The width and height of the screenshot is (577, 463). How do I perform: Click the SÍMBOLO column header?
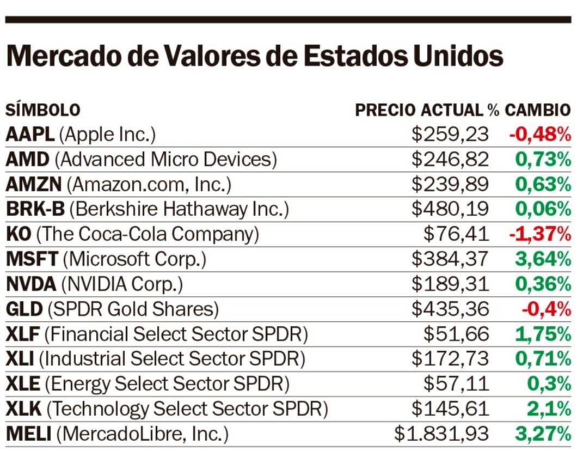tap(42, 110)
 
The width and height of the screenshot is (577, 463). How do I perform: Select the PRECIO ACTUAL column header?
tap(419, 110)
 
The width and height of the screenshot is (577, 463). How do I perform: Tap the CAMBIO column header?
tap(537, 110)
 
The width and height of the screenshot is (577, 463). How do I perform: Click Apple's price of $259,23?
tap(450, 135)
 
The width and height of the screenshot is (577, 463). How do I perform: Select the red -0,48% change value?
tap(539, 135)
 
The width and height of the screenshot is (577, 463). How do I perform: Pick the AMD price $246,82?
tap(450, 160)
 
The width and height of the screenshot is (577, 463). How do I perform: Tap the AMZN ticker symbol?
tap(34, 185)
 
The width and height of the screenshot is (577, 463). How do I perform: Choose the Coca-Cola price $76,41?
tap(456, 235)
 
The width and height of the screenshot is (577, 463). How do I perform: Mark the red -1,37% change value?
tap(539, 235)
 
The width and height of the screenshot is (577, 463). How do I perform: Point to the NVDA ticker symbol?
tap(31, 284)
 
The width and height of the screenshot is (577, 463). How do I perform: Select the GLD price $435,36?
tap(450, 309)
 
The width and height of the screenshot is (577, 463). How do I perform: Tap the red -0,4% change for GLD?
tap(546, 309)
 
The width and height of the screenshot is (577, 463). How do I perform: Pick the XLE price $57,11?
tap(456, 384)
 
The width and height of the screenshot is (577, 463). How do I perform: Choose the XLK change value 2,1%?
tap(549, 409)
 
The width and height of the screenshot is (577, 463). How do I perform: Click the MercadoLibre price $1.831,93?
tap(441, 434)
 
